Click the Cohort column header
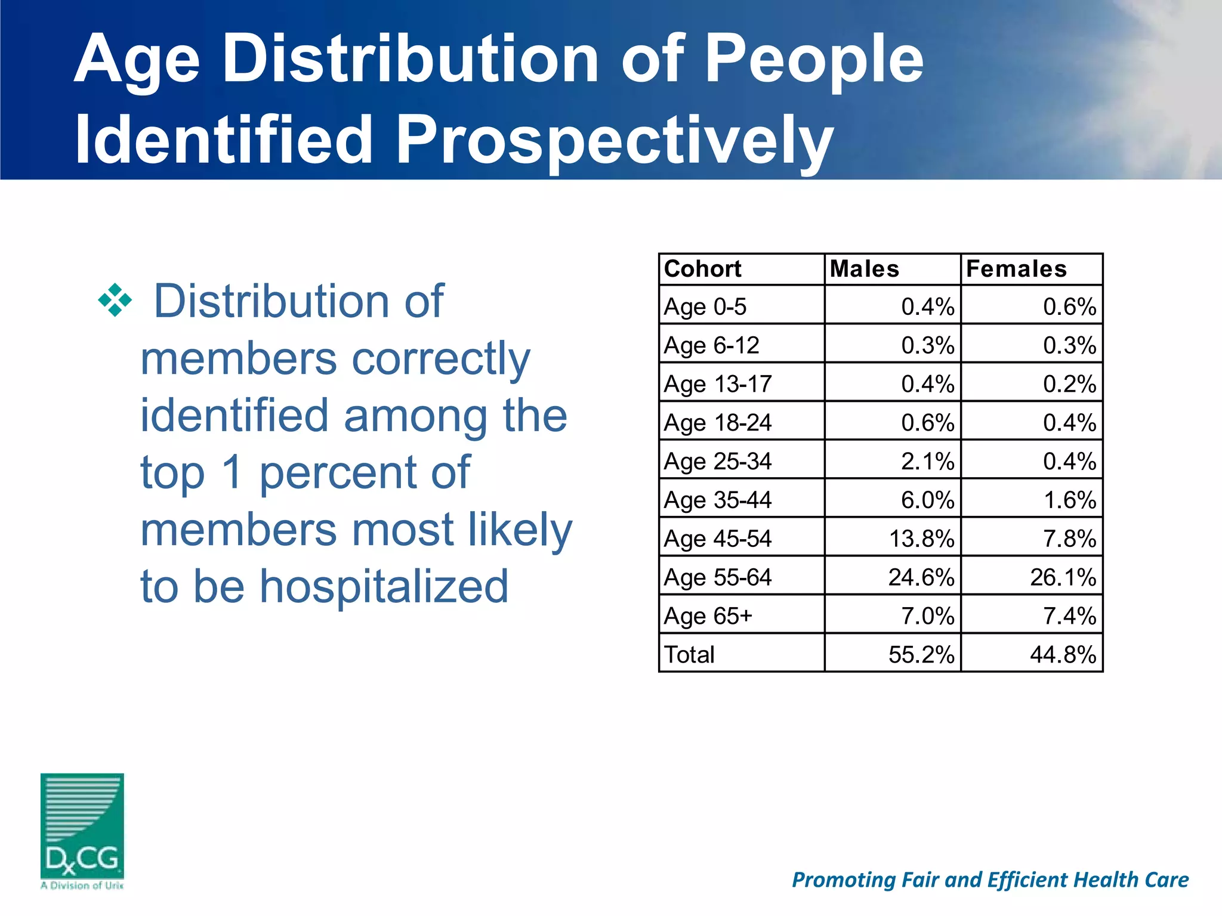point(702,269)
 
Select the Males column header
point(864,269)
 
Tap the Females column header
point(1016,269)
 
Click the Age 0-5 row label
point(705,307)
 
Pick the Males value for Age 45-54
point(921,539)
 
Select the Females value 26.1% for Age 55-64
point(1063,577)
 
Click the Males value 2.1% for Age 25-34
point(927,462)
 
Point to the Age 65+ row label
point(708,616)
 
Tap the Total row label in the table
point(689,655)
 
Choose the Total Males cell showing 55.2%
point(921,655)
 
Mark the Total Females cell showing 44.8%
point(1063,655)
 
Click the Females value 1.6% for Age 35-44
point(1069,500)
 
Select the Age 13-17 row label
point(718,384)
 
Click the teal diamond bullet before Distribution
point(115,300)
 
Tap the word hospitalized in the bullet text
point(384,587)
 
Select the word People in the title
point(814,60)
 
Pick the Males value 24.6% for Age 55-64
point(921,577)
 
